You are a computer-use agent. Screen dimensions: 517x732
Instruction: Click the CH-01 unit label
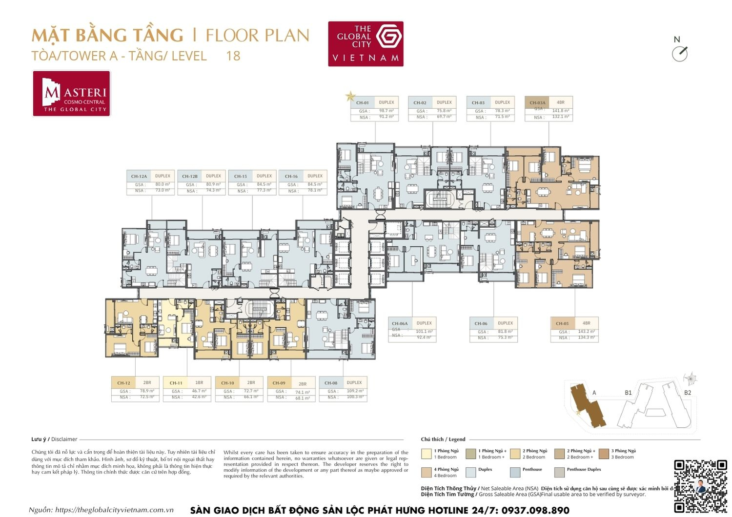(363, 103)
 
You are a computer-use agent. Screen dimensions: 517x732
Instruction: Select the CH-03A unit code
(537, 103)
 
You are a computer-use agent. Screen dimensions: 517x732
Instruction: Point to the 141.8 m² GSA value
(560, 111)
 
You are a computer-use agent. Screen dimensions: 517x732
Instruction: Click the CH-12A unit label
(139, 177)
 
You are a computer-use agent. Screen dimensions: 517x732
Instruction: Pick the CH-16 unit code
(291, 177)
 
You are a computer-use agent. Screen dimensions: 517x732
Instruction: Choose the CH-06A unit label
(400, 323)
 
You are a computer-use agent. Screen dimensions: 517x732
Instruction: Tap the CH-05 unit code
(562, 323)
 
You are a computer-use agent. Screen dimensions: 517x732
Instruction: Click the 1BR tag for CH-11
(199, 383)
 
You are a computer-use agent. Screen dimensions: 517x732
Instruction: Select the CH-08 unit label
(331, 383)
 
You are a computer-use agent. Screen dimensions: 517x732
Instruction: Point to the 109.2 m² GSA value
(355, 391)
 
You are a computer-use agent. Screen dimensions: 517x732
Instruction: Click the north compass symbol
(679, 53)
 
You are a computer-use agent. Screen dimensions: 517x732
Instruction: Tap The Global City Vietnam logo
(366, 43)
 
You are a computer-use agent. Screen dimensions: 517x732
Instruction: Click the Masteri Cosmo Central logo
(72, 94)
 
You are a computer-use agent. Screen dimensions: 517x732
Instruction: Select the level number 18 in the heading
(233, 56)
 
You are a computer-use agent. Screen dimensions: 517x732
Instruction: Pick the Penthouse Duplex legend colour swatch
(559, 472)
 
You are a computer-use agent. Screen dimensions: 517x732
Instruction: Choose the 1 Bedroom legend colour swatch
(426, 454)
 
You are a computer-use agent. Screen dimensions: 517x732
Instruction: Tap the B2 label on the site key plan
(687, 393)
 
